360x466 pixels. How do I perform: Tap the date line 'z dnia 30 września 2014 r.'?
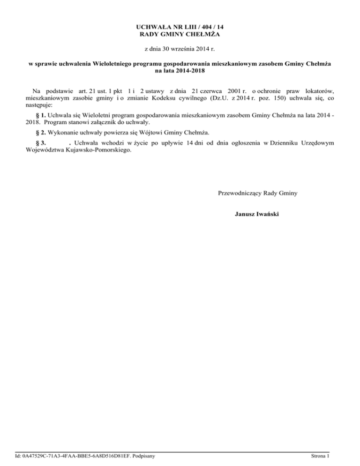pos(180,49)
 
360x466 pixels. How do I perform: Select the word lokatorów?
pos(317,90)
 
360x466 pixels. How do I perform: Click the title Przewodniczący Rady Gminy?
pos(257,193)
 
